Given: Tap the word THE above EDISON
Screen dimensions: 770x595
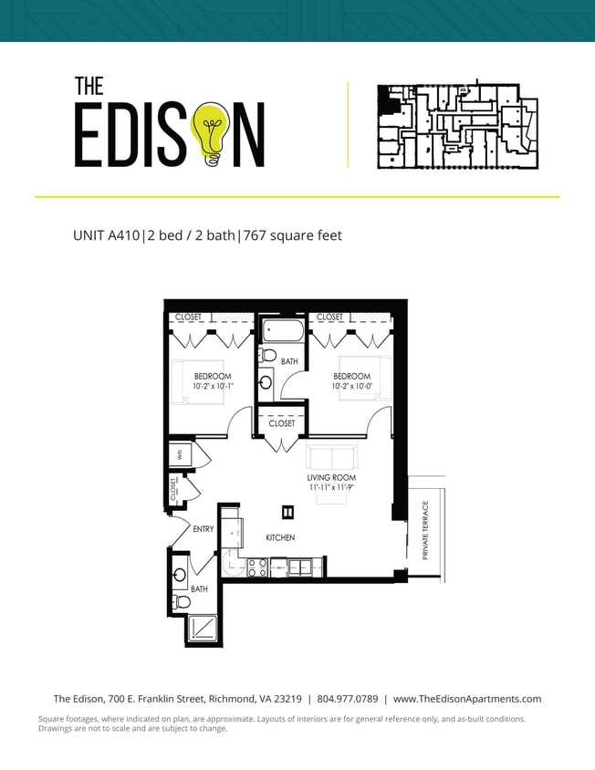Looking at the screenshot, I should [x=89, y=86].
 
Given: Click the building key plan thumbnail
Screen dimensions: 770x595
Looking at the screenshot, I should [x=457, y=126].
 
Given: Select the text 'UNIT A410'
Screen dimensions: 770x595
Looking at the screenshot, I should [x=106, y=235].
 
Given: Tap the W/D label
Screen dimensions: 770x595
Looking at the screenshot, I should [x=180, y=453].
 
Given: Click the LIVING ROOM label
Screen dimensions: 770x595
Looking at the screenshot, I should [x=331, y=477].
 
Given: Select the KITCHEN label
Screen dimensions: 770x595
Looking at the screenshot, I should [x=280, y=538].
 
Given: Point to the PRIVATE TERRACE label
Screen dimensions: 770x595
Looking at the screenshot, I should [x=425, y=529].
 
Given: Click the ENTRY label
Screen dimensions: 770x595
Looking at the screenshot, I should [x=204, y=529].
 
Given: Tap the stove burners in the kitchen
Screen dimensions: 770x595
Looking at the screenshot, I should [x=257, y=567].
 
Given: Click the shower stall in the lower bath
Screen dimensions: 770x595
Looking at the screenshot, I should [x=204, y=628].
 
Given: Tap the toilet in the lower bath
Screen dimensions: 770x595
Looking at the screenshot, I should [x=182, y=602].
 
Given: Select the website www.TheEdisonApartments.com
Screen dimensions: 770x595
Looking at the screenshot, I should [x=467, y=699].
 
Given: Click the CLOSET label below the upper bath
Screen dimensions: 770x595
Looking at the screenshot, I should [x=282, y=423].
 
